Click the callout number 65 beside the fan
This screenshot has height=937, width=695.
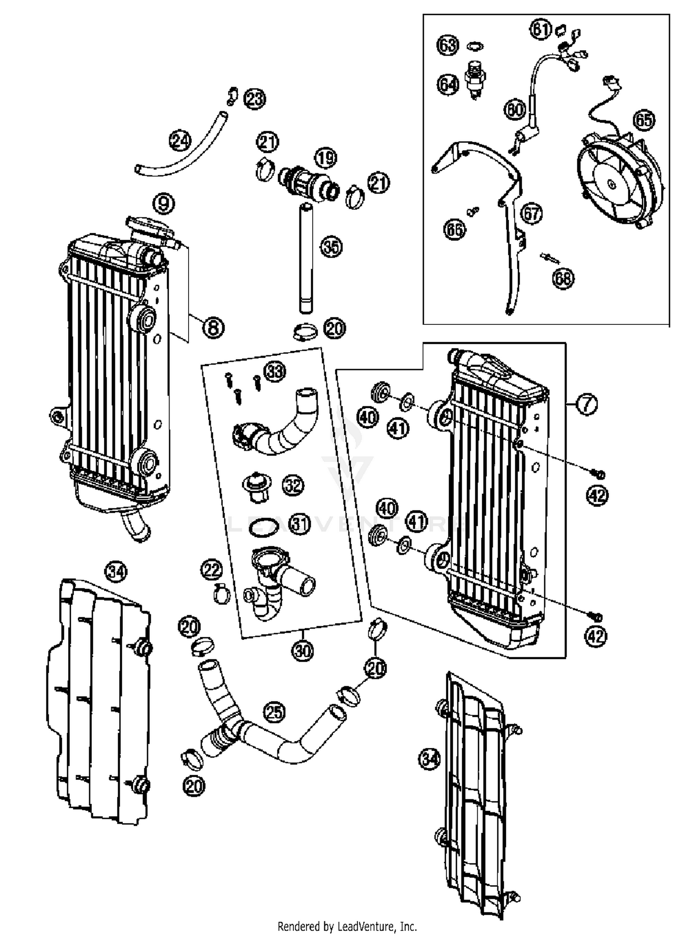[x=644, y=120]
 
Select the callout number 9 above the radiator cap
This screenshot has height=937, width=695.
[x=164, y=203]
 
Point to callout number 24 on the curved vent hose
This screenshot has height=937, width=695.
[x=180, y=140]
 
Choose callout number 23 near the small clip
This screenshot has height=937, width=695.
[x=254, y=99]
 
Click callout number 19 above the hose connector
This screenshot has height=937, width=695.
[x=326, y=158]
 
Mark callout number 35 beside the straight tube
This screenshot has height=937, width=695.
[x=331, y=247]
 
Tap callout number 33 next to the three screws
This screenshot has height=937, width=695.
[x=275, y=371]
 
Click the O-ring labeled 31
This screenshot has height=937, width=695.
[x=263, y=527]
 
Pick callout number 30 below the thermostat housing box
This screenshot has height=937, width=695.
[x=303, y=651]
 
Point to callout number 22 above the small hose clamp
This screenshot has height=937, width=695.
[x=212, y=570]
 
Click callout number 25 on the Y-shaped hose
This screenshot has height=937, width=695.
[x=274, y=711]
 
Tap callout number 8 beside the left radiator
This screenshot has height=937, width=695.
[x=213, y=328]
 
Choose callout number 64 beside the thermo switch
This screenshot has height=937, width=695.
[x=448, y=84]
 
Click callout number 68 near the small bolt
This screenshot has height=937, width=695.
[x=563, y=278]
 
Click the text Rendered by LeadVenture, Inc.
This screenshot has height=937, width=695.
[x=347, y=926]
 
